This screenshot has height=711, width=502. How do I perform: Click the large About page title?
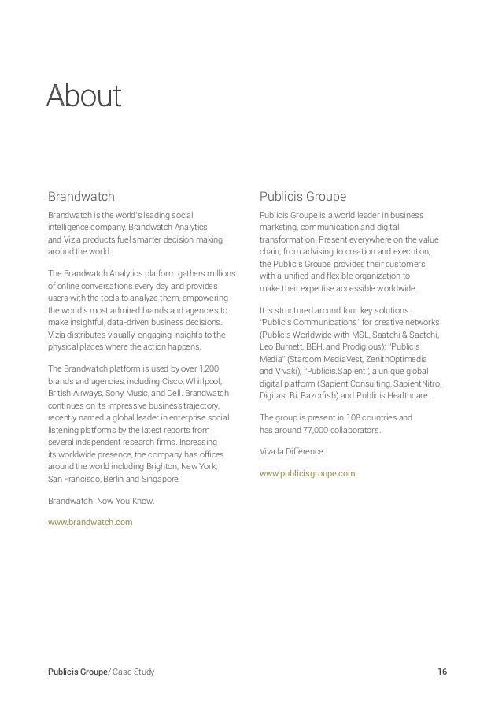[x=83, y=96]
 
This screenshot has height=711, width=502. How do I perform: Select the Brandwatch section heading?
[x=81, y=195]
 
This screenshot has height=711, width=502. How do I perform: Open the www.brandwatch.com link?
[x=90, y=522]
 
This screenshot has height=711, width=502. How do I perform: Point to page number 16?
[x=442, y=672]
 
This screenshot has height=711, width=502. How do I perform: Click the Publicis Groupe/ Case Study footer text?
[x=102, y=672]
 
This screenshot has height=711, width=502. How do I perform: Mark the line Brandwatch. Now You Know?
[x=102, y=501]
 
